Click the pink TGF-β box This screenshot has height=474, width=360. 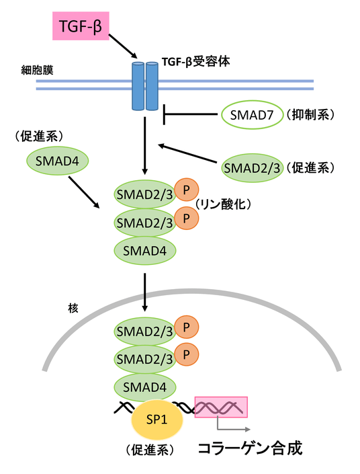coord(81,26)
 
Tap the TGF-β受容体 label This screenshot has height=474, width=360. coord(195,61)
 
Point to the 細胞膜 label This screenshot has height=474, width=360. coord(37,70)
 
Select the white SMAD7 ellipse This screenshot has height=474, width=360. coord(252,115)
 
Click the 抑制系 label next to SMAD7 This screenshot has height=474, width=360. coord(310,114)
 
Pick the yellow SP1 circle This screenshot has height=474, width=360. coord(156,420)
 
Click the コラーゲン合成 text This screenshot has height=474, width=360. coord(250,448)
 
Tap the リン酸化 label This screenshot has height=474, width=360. coord(223,204)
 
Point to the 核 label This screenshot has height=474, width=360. coord(73,309)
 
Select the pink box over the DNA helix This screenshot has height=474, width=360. coord(221,407)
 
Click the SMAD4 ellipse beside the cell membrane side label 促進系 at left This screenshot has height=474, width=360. coord(57,161)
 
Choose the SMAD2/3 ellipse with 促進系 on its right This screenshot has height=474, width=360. coord(252,168)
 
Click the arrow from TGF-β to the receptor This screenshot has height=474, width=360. coord(123,46)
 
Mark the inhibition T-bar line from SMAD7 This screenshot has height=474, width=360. coord(190,114)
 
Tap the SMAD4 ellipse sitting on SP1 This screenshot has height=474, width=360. coord(144,387)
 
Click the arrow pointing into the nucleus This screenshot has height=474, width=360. coord(145,292)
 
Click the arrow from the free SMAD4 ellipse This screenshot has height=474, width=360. coord(84,192)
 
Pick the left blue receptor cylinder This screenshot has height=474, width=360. coord(138,86)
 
